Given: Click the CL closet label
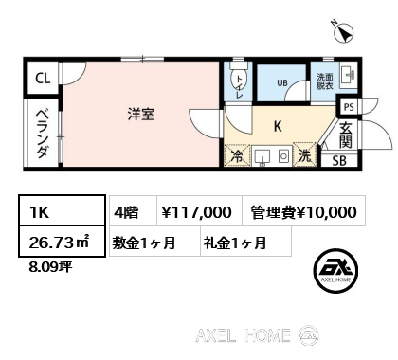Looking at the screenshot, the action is [43, 78].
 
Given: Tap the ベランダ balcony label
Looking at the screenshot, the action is [42, 134].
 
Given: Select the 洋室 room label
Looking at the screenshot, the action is [141, 115].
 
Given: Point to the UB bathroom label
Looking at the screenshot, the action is [282, 82].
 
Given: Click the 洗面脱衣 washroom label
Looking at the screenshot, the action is [325, 81].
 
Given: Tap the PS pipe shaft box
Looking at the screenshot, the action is [349, 107].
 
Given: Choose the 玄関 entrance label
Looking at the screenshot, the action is [346, 135].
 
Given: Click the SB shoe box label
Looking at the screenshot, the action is [339, 161].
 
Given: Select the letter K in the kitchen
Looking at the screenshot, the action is [278, 126].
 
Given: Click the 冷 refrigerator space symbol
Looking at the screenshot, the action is [237, 155].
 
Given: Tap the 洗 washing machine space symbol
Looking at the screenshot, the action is [304, 154].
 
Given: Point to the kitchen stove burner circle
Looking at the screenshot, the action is [283, 156].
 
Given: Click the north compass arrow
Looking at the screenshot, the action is [344, 33].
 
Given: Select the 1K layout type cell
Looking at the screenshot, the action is [62, 210].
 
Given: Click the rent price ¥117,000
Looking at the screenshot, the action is [197, 212].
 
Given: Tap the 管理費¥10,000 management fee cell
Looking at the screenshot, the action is [304, 210].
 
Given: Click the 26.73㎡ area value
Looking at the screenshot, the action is [59, 243].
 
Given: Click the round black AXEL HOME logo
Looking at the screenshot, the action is [335, 270].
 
